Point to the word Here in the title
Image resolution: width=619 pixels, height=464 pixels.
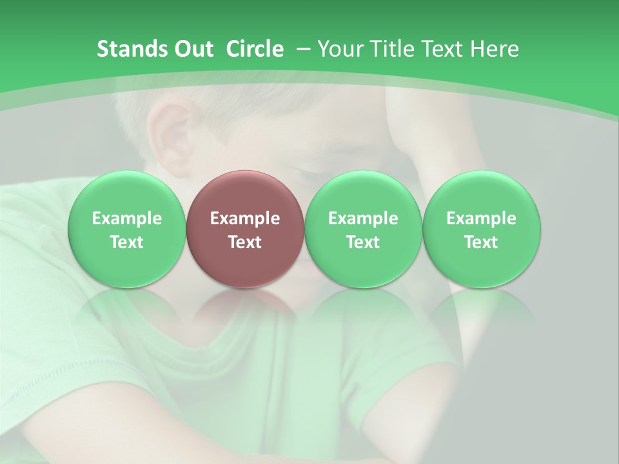click(x=496, y=49)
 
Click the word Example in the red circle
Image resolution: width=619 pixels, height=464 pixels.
click(x=245, y=218)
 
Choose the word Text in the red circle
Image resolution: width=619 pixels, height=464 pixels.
click(x=245, y=242)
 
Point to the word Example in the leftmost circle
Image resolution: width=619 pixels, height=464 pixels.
click(x=127, y=218)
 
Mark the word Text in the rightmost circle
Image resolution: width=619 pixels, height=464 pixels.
click(x=481, y=242)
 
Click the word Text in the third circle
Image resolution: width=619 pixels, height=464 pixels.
click(x=363, y=242)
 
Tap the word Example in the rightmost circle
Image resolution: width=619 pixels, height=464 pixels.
click(x=481, y=218)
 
